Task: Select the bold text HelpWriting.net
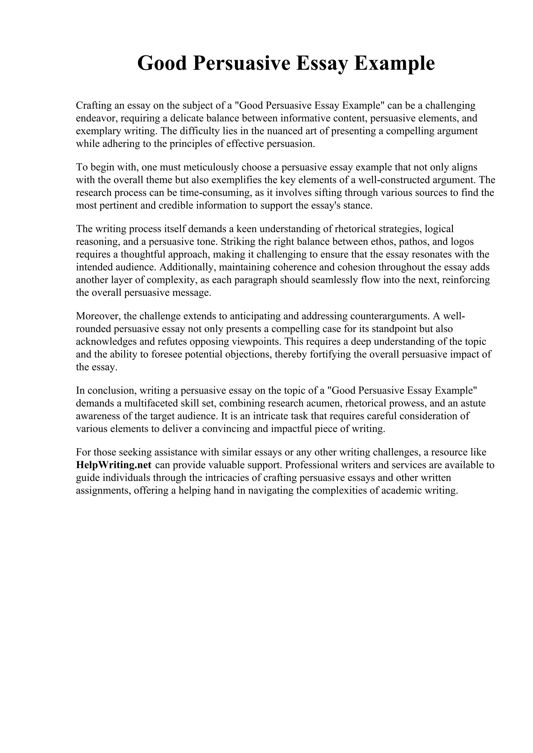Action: [x=114, y=465]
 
